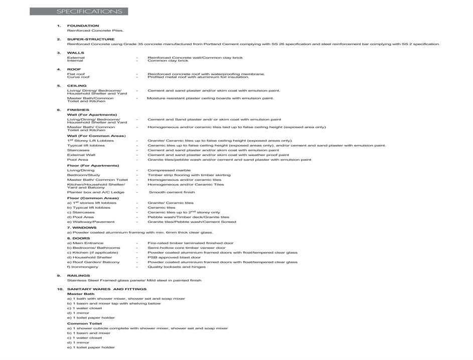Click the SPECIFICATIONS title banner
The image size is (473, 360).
79,12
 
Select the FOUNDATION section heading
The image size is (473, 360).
83,26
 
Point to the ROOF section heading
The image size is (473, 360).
74,69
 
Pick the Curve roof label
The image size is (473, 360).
78,77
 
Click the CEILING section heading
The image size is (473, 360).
77,86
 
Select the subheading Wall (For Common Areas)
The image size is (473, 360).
96,136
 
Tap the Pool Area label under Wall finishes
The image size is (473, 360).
78,160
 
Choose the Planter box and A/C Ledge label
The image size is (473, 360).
96,192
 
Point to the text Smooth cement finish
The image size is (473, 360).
172,192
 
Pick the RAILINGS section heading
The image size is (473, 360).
78,276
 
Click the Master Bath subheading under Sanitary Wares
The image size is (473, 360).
81,294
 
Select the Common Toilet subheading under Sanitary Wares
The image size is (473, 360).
84,323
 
